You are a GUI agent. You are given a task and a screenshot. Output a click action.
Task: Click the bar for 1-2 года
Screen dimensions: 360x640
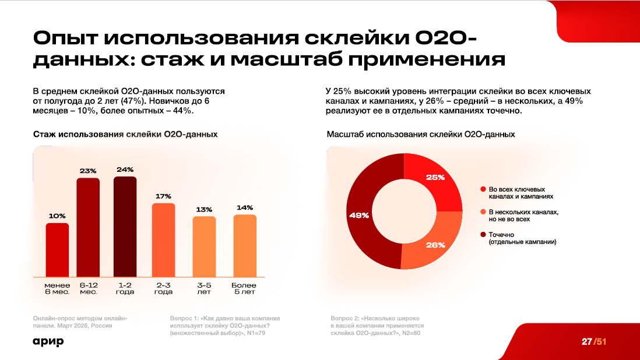[125, 227]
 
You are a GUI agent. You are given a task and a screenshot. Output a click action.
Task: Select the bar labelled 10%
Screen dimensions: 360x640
[58, 249]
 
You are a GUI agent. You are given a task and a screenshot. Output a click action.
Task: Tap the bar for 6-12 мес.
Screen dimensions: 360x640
[89, 227]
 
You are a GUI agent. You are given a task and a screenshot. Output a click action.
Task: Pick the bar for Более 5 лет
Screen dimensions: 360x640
[245, 245]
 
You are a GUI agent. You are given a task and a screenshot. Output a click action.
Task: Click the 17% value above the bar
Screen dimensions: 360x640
[163, 196]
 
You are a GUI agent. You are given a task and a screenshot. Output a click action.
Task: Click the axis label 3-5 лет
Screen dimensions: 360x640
[204, 288]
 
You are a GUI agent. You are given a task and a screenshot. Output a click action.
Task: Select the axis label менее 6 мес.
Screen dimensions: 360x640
[58, 288]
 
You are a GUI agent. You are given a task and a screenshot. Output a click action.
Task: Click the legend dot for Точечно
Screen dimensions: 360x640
[483, 235]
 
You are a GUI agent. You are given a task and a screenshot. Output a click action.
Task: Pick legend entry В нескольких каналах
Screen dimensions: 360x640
[523, 216]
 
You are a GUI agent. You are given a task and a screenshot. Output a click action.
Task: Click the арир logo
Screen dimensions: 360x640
[48, 341]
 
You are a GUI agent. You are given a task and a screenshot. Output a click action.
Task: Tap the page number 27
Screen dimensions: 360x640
[586, 341]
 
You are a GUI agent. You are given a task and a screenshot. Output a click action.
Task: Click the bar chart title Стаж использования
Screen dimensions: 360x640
[125, 134]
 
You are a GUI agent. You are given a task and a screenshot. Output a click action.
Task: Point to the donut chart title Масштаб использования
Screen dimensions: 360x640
[420, 134]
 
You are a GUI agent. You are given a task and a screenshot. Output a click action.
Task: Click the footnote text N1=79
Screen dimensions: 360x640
[260, 334]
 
